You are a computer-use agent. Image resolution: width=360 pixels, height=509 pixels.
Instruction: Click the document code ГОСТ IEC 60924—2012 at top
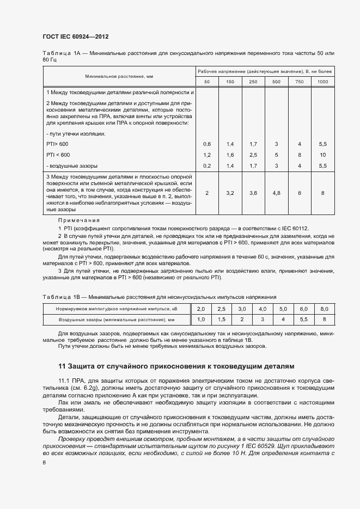75,36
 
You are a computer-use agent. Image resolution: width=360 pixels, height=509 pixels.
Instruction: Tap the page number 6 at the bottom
44,462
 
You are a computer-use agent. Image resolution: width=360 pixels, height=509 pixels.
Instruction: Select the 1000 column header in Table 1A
322,82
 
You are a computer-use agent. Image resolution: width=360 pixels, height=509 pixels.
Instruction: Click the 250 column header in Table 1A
253,82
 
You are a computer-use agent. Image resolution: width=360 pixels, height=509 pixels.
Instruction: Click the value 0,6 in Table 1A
207,144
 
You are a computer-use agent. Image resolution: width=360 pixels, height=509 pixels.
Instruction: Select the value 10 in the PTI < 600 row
322,155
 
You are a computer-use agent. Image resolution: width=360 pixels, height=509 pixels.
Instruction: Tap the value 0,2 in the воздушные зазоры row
207,165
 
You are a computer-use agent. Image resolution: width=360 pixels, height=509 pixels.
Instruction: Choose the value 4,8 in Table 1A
276,193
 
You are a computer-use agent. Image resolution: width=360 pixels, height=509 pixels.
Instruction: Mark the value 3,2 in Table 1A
230,193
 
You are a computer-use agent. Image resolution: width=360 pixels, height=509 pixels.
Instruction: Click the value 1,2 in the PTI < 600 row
207,155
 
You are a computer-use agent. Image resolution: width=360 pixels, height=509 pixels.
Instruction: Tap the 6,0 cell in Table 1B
303,309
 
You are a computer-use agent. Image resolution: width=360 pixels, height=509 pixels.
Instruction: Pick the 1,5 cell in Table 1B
222,319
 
